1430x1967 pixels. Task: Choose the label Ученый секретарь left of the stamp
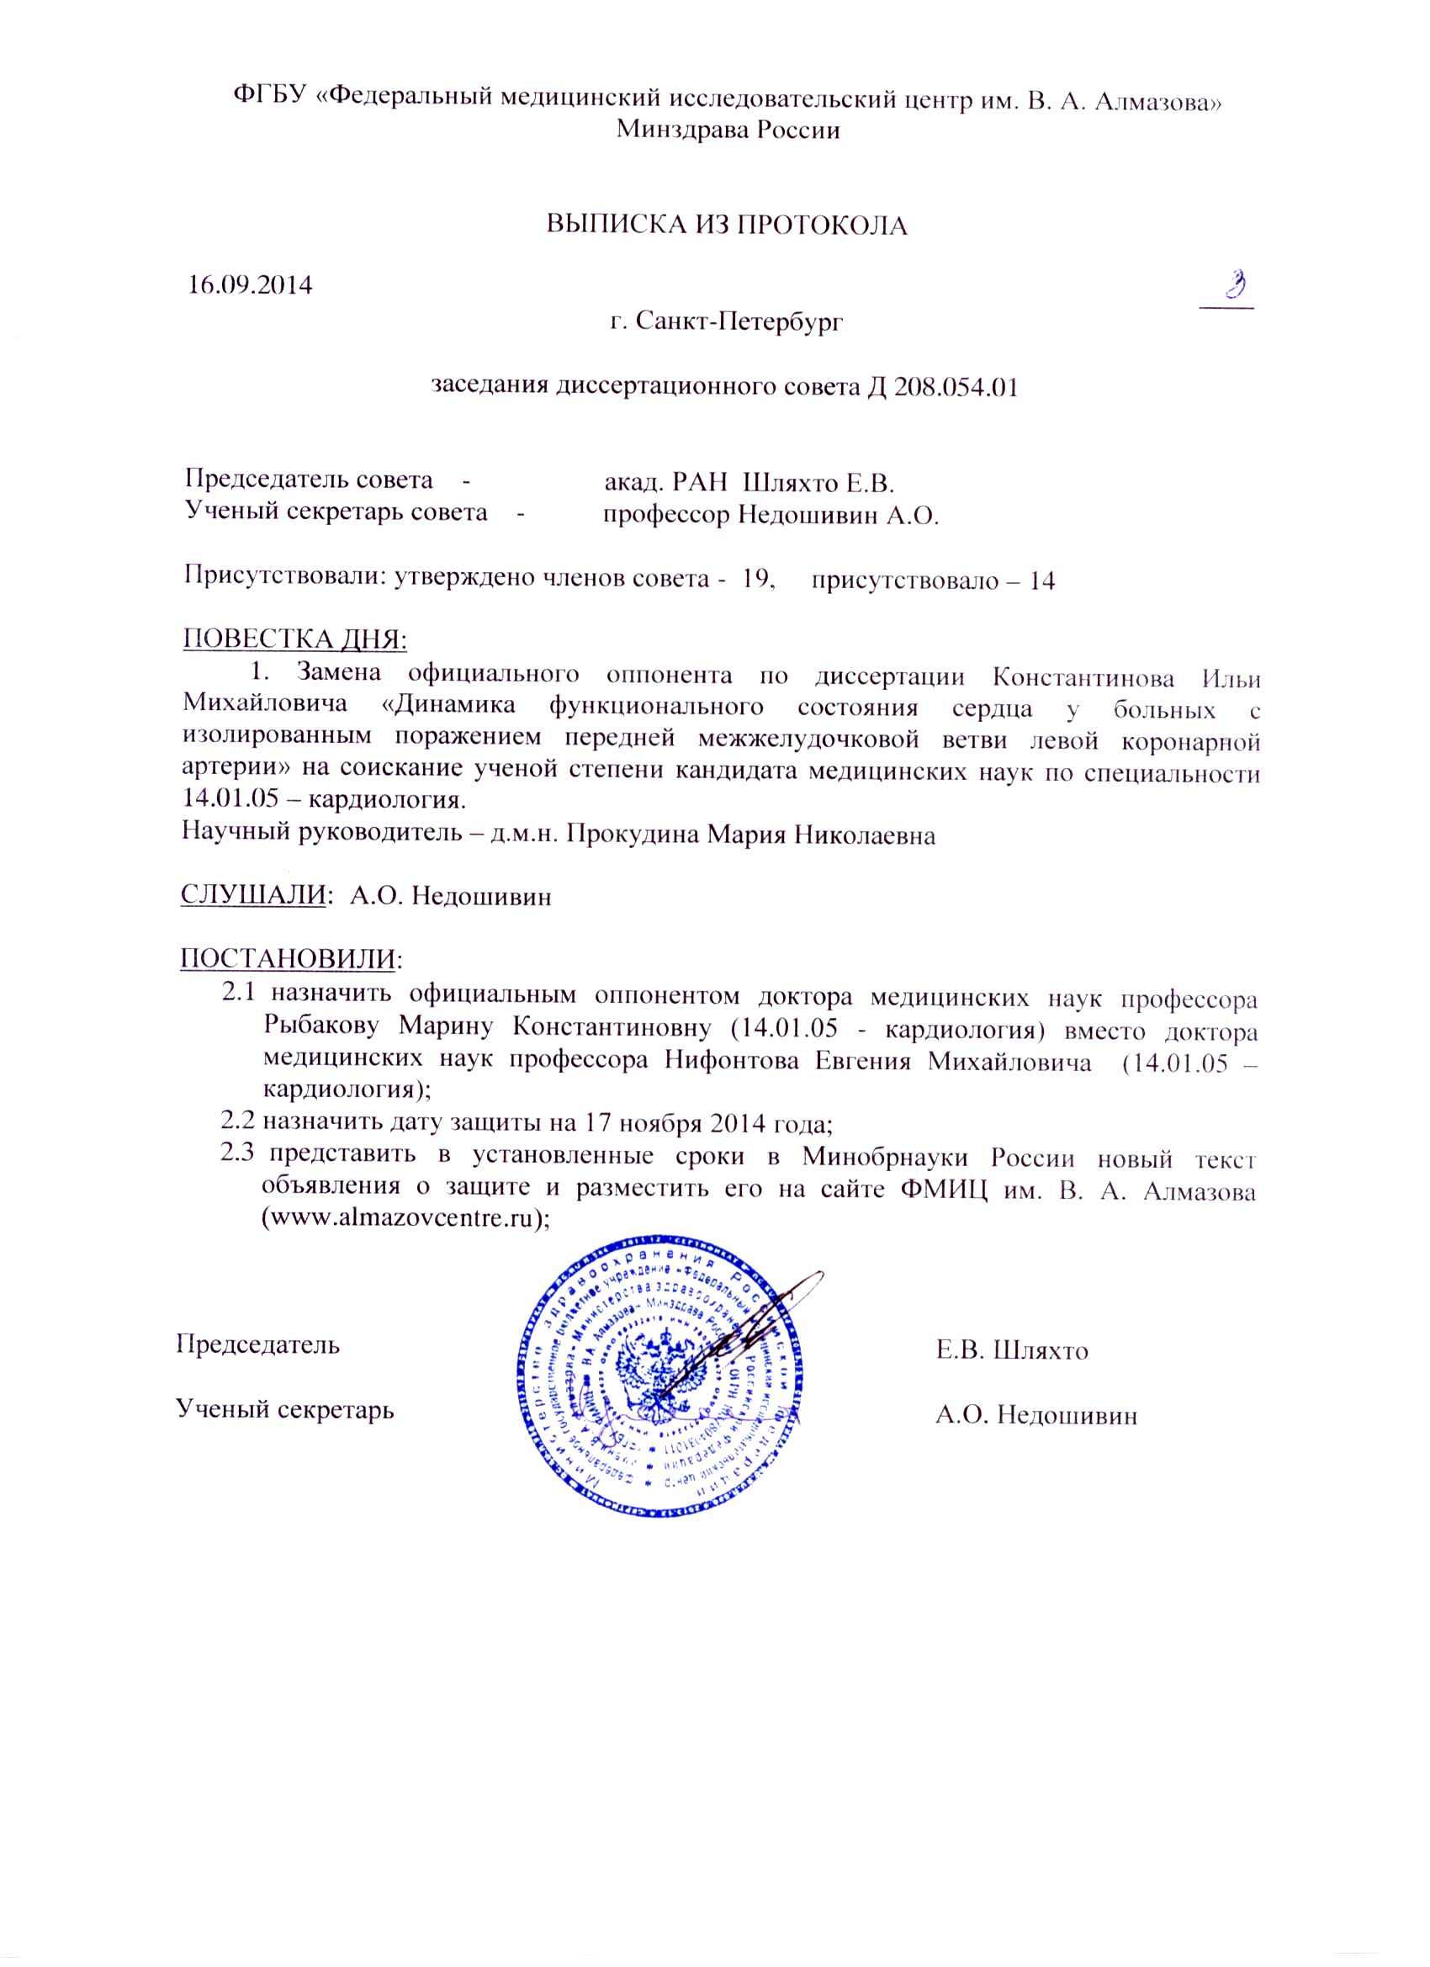click(285, 1409)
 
